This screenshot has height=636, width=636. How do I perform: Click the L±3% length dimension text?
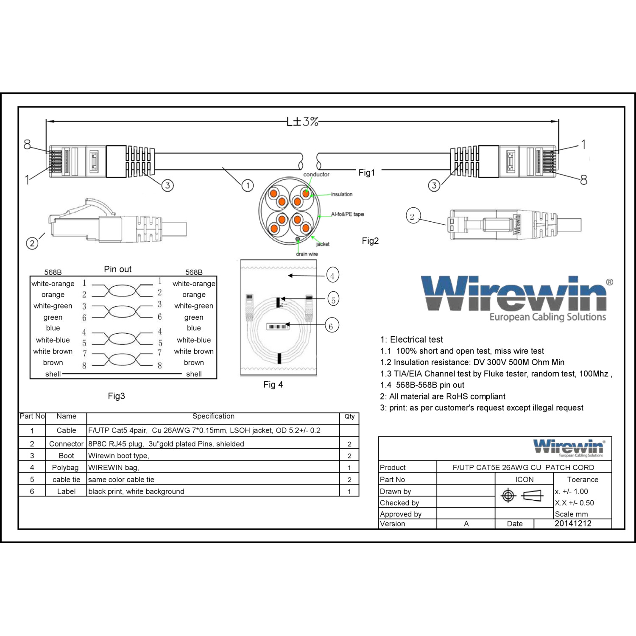[x=302, y=122]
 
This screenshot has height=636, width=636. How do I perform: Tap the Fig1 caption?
[x=367, y=173]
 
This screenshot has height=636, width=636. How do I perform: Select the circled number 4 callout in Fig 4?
[x=332, y=276]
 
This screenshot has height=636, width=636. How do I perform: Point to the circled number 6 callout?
[x=331, y=326]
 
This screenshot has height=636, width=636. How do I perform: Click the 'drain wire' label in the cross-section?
[x=307, y=254]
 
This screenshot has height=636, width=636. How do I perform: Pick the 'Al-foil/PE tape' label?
[x=348, y=214]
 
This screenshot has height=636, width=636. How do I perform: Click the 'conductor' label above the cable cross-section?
[x=316, y=174]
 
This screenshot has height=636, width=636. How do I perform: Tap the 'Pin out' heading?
[x=117, y=269]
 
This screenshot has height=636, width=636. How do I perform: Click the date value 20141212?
[x=573, y=524]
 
